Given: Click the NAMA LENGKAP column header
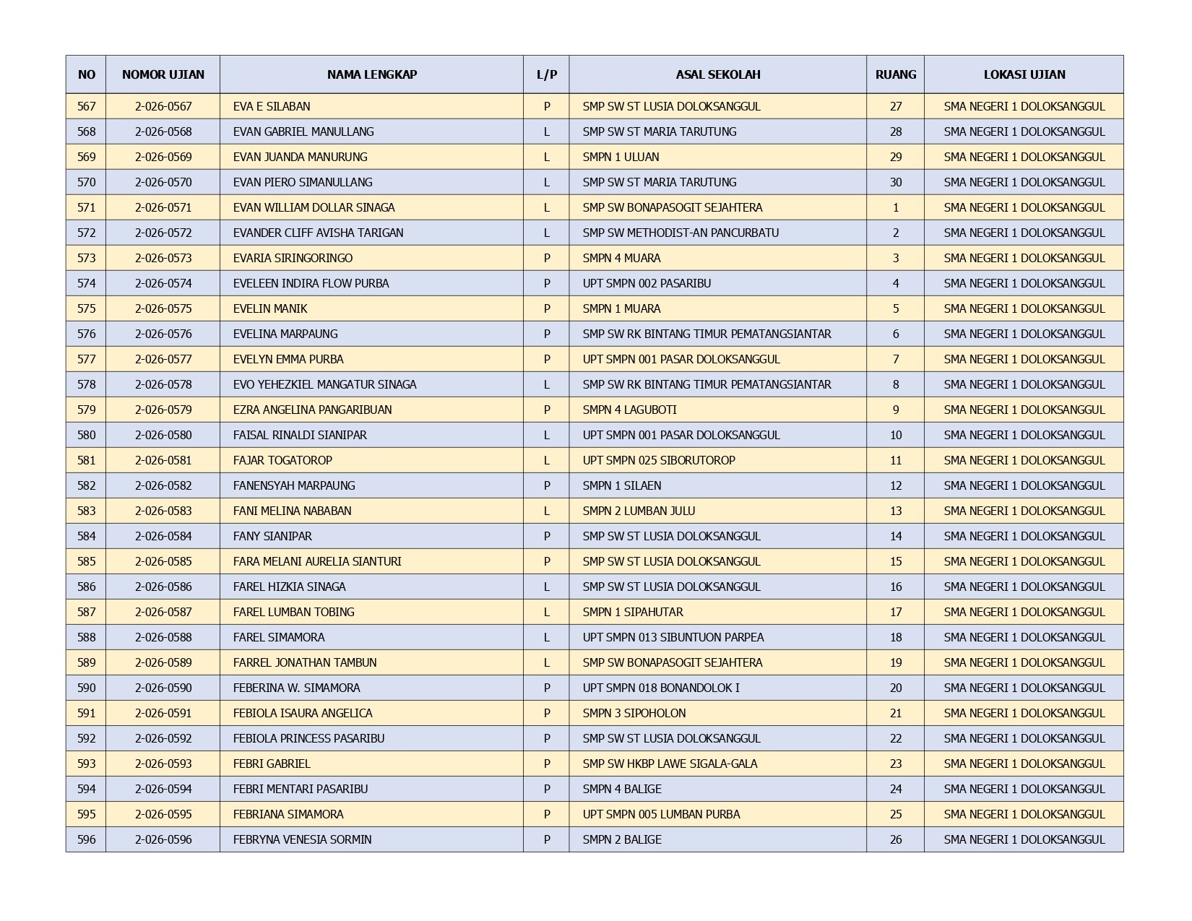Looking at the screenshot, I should pyautogui.click(x=371, y=74).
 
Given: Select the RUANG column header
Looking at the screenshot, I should pyautogui.click(x=895, y=74).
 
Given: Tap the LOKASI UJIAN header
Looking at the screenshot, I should pyautogui.click(x=1024, y=74).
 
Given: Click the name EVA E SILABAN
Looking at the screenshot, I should pyautogui.click(x=272, y=106).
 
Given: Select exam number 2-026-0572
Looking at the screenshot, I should pyautogui.click(x=163, y=233).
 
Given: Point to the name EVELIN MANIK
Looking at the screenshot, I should pyautogui.click(x=270, y=308).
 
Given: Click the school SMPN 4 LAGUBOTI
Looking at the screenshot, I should pyautogui.click(x=629, y=410).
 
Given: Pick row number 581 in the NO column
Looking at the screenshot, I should pyautogui.click(x=86, y=460).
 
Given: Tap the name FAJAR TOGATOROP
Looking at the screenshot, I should pyautogui.click(x=282, y=460).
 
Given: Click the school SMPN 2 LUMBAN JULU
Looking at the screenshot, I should pyautogui.click(x=639, y=511).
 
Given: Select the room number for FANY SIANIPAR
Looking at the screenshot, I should pyautogui.click(x=895, y=536).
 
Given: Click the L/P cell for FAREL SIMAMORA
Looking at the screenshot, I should pyautogui.click(x=546, y=637).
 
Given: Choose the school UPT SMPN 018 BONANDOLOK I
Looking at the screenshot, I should pyautogui.click(x=661, y=688).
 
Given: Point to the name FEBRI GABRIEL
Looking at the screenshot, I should pyautogui.click(x=272, y=764).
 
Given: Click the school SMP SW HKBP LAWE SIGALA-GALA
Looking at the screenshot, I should pyautogui.click(x=670, y=764).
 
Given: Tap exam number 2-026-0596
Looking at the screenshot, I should pyautogui.click(x=163, y=839).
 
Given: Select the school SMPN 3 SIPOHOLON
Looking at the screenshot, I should pyautogui.click(x=634, y=713).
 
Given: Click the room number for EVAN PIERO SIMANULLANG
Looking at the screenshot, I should pyautogui.click(x=895, y=182).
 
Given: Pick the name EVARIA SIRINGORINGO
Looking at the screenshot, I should pyautogui.click(x=293, y=258).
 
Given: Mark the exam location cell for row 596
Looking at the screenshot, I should pyautogui.click(x=1024, y=839).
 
